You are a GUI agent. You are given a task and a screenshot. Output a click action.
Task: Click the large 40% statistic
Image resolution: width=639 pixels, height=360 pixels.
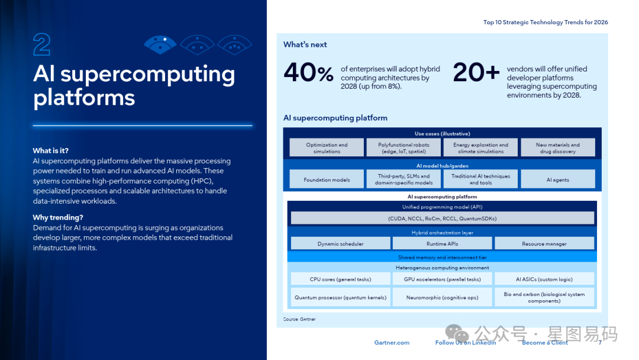[x=308, y=73]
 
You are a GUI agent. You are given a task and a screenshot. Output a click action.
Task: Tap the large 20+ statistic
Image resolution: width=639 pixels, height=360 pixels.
[x=476, y=73]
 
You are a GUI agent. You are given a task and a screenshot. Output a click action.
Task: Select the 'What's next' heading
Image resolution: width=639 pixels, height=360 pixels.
[x=305, y=44]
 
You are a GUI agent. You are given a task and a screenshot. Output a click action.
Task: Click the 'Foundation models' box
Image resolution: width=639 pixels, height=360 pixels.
[x=327, y=179]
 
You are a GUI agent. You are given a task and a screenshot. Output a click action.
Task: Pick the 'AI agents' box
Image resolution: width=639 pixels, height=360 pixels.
[x=557, y=179]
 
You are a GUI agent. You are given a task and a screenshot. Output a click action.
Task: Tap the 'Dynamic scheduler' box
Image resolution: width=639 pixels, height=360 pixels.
[x=340, y=243]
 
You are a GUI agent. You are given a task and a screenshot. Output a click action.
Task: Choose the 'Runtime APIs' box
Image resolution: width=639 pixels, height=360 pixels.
[x=442, y=243]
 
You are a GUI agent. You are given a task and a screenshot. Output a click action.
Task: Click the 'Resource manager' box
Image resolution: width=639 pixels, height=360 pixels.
[x=544, y=243]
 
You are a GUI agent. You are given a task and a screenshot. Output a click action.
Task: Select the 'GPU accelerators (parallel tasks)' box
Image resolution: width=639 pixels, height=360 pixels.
[x=442, y=279]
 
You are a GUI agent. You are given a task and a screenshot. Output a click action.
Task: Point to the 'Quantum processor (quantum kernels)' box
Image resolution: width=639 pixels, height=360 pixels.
[x=340, y=297]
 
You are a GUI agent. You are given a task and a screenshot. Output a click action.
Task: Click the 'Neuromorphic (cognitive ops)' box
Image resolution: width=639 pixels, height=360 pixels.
[x=442, y=297]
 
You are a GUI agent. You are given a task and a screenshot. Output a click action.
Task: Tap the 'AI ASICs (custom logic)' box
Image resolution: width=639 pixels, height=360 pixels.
[x=544, y=279]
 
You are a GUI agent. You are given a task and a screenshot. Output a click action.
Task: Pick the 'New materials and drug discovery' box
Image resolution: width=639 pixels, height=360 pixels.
[x=557, y=148]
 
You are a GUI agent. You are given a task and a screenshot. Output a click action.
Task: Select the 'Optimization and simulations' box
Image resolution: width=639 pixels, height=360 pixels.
[x=327, y=148]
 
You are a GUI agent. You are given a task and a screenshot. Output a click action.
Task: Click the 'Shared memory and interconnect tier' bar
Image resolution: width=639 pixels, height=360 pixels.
[x=442, y=258]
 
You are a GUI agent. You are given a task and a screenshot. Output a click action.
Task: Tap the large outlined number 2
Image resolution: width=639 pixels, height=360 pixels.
[x=41, y=45]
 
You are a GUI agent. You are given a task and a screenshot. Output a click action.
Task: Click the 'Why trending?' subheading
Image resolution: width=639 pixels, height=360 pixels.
[x=58, y=217]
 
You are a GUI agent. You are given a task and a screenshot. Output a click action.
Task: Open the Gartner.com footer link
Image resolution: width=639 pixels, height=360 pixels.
[x=392, y=343]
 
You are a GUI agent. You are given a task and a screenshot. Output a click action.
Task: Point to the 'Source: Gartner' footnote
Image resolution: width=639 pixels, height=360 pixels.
[x=299, y=319]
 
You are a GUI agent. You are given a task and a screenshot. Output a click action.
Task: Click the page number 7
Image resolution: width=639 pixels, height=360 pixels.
[x=600, y=343]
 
